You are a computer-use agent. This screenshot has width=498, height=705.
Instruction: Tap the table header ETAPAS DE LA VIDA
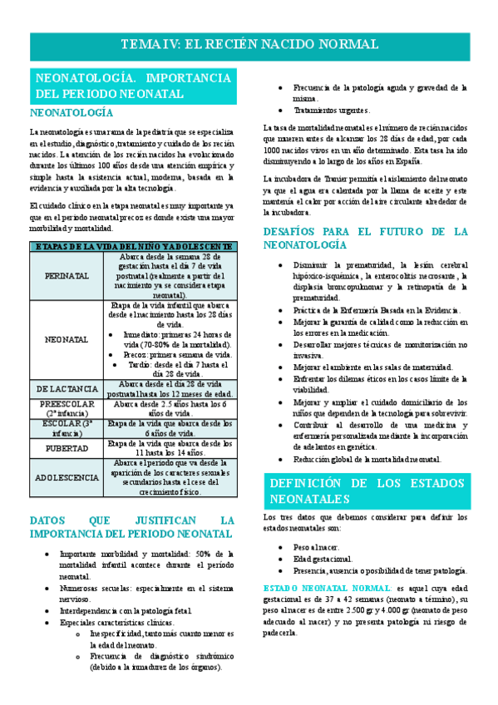coord(133,246)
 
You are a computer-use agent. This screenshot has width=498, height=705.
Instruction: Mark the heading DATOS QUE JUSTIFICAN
coord(133,526)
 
